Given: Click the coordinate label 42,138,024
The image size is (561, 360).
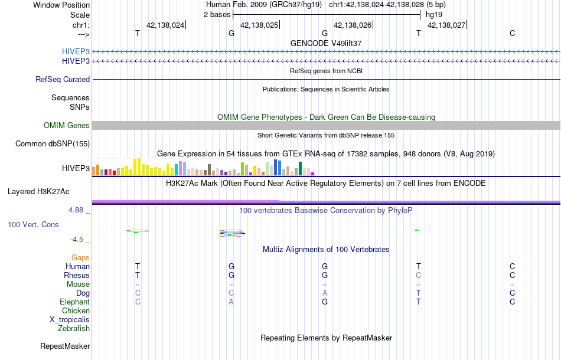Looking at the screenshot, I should [x=165, y=25].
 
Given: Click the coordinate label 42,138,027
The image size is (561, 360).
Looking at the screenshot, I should [x=446, y=25].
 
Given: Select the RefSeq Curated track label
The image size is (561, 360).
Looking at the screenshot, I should [x=63, y=79].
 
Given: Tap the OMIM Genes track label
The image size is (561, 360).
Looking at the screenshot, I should [x=67, y=125].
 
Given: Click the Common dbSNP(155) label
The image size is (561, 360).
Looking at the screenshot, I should [x=53, y=143].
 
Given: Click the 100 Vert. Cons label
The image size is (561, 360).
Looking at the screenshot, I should [x=33, y=225].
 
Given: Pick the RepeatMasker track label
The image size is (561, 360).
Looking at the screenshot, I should [x=65, y=346].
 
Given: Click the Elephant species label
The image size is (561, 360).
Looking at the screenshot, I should [x=75, y=302].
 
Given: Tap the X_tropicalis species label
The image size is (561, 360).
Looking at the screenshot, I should [x=70, y=319].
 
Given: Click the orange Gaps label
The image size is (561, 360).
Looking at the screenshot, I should [x=80, y=257].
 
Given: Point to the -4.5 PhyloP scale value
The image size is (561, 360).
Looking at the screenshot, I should [x=79, y=240].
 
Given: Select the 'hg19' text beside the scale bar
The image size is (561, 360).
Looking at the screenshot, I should [x=434, y=14].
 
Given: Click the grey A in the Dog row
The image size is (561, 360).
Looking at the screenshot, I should [x=325, y=293].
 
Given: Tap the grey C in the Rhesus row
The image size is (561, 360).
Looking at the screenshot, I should [x=418, y=275].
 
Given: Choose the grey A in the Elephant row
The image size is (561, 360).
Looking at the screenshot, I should [x=231, y=302].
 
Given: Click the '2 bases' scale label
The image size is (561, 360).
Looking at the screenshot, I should [x=216, y=14].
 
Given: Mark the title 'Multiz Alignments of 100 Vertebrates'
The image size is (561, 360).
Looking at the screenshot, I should [x=326, y=249].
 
